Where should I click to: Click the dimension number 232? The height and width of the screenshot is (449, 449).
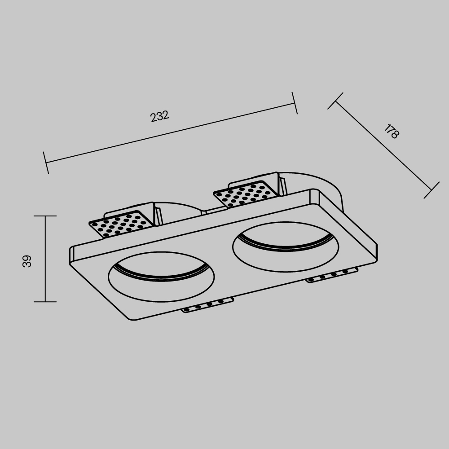tap(159, 116)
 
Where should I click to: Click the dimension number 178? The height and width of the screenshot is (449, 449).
tap(391, 132)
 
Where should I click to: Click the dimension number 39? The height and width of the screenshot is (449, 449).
tap(27, 261)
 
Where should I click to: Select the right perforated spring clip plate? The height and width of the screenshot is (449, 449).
tap(243, 194)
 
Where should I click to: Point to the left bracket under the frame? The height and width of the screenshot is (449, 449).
tap(208, 305)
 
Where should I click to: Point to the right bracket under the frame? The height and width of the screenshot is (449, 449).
tap(332, 274)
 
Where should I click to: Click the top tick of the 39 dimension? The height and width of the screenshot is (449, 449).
tap(45, 216)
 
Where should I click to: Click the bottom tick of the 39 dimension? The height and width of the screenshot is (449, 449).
tap(45, 302)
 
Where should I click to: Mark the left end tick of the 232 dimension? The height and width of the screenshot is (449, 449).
tap(46, 163)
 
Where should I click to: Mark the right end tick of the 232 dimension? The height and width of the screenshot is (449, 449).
tap(295, 103)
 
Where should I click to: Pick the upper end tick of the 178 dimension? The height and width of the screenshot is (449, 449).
tap(335, 101)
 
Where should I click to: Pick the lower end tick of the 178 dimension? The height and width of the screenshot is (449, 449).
tap(431, 190)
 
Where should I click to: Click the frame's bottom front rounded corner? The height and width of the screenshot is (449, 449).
tap(132, 318)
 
